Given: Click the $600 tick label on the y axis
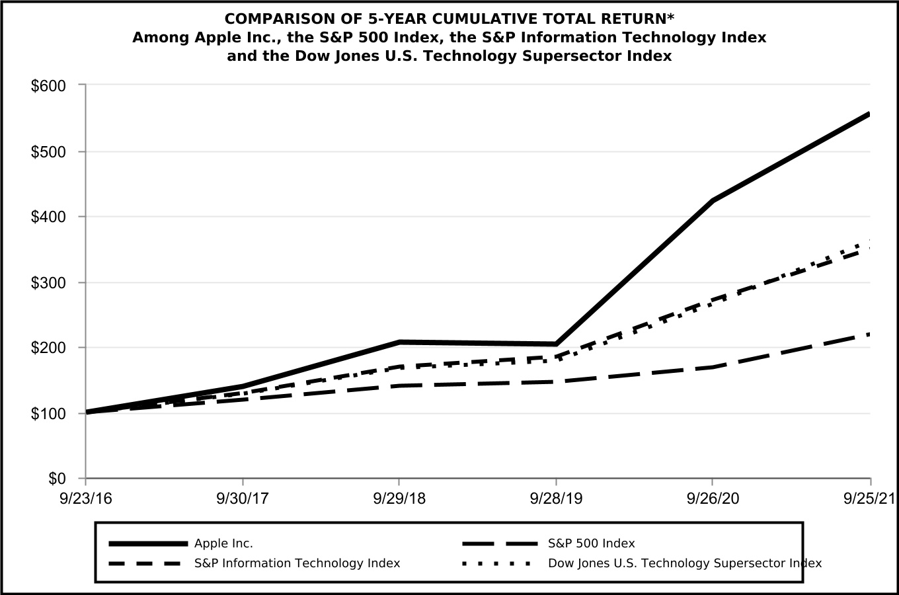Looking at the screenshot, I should coord(48,86).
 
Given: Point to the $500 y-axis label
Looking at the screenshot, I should coord(48,151).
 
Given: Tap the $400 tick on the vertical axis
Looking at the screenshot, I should coord(48,217).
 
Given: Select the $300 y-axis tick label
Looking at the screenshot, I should coord(48,282).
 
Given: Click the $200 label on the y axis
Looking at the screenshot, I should coord(48,348).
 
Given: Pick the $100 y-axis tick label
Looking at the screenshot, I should coord(48,414).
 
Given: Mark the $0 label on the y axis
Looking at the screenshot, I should coord(56,479).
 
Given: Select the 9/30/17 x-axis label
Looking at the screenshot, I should coord(243,498).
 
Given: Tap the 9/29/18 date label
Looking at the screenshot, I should coord(399,498).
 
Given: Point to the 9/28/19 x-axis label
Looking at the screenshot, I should coord(556,498).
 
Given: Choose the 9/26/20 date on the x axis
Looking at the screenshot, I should coord(713,498).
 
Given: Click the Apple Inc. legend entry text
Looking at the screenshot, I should coord(223,543).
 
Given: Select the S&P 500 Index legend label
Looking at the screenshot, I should coord(591,543).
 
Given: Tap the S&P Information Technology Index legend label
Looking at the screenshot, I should coord(297,563).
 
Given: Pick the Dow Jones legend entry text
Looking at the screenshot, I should coord(685,563).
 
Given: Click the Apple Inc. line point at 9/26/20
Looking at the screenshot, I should coord(713,200).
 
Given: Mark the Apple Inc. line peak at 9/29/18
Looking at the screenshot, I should coord(399,342).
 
